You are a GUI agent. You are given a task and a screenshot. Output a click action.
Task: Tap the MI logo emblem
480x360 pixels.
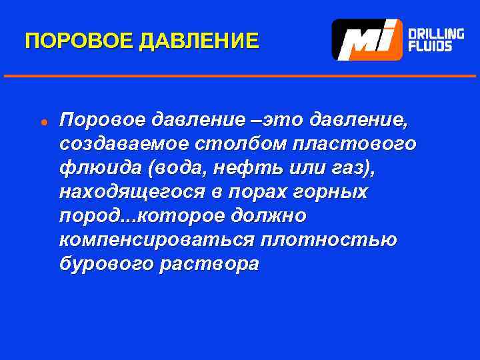click(367, 39)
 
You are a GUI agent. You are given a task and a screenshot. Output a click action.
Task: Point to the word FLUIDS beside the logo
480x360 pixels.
click(429, 47)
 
